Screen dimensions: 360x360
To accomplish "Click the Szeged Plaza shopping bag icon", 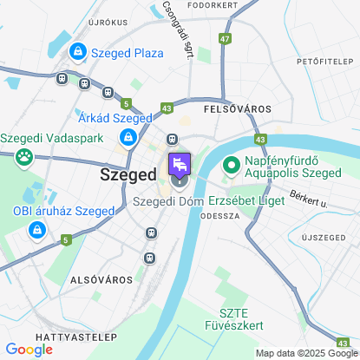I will [79, 53].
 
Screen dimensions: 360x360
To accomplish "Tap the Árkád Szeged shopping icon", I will [128, 136].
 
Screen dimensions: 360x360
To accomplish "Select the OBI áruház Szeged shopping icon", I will [36, 230].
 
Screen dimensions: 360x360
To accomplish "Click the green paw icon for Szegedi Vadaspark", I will [24, 158].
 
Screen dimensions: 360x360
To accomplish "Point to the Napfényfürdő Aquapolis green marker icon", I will [232, 164].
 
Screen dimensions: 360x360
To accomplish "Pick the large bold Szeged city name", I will [128, 173].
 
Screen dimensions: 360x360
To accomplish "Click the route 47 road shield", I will [226, 39].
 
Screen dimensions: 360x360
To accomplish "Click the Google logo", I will [29, 350].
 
